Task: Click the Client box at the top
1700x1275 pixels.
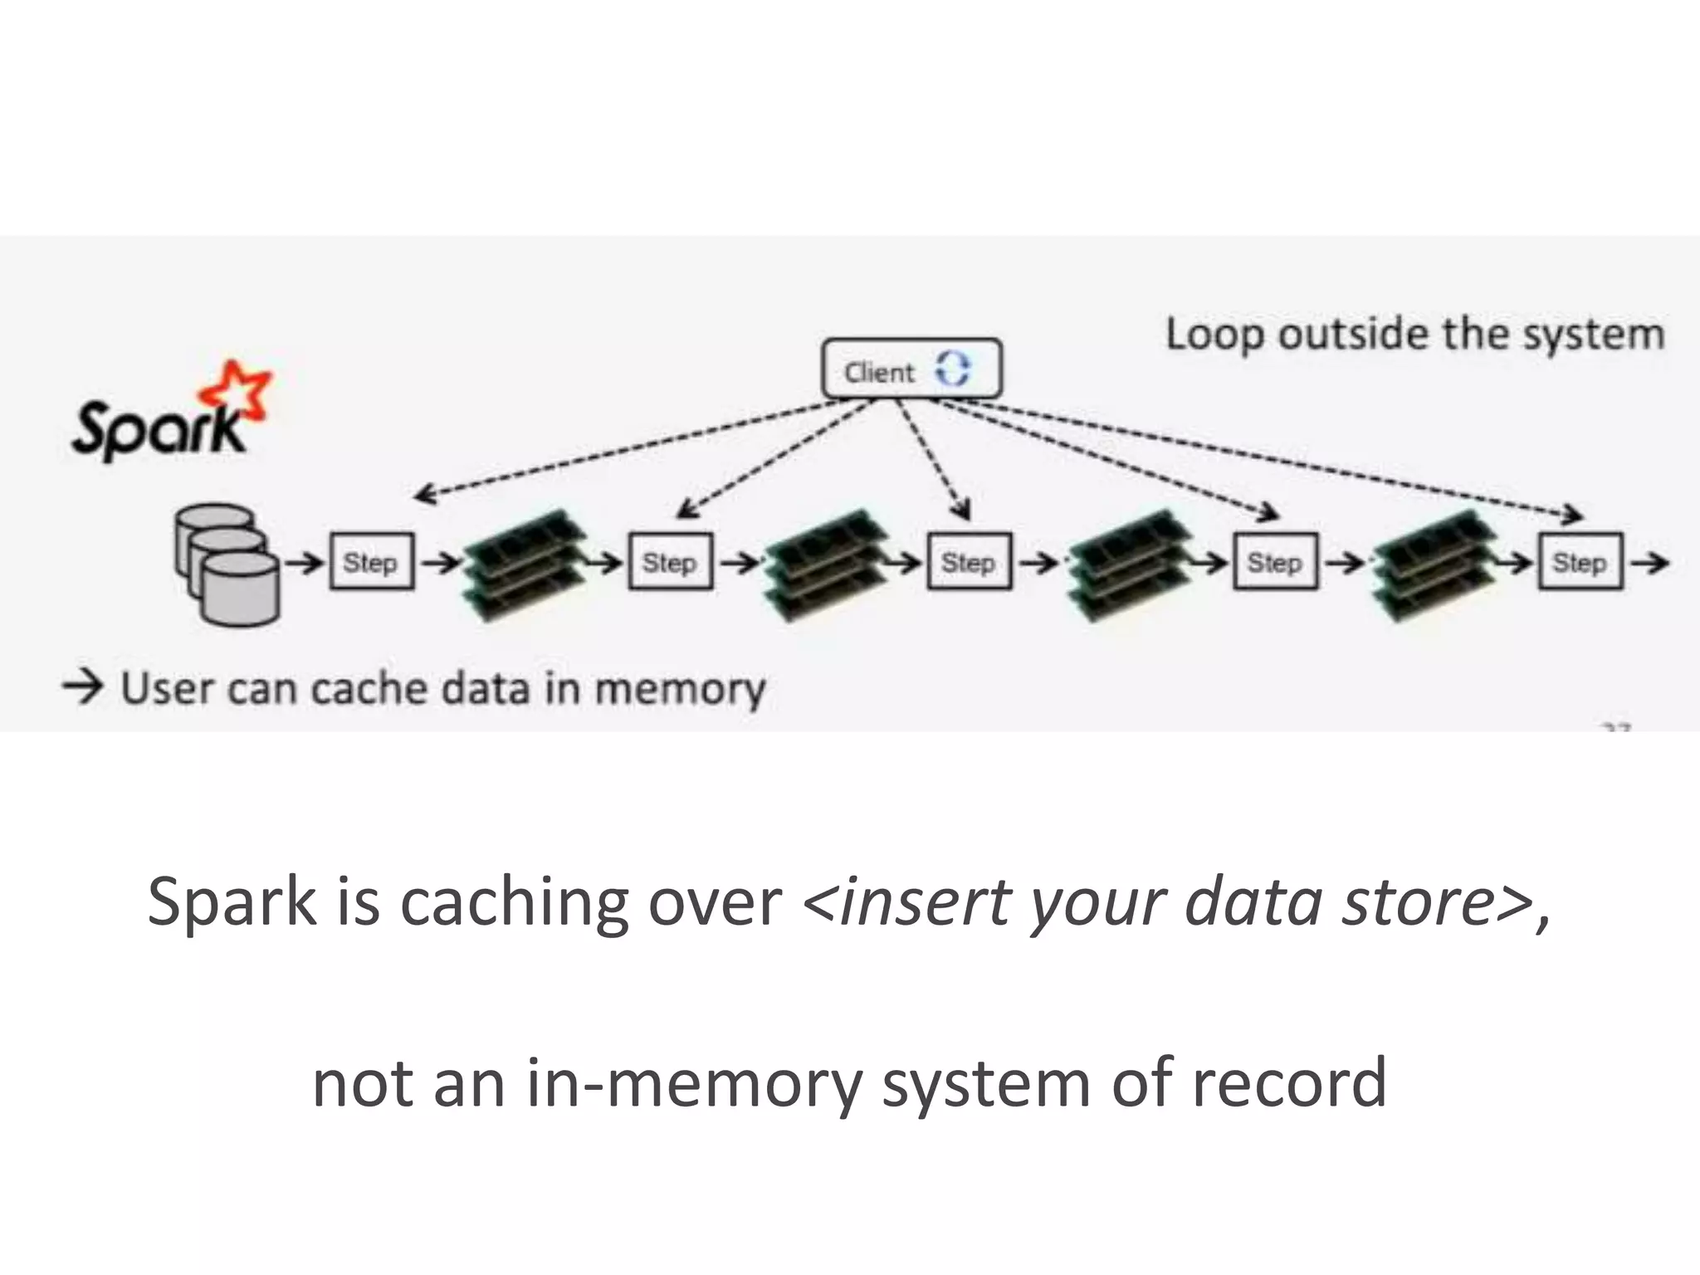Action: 910,369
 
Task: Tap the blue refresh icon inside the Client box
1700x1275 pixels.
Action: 952,368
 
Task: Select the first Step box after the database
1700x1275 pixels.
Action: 371,562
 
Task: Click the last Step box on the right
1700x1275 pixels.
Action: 1580,562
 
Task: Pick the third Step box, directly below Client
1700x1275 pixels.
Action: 969,562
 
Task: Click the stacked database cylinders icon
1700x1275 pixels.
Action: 226,564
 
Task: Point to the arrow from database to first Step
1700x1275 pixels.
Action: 305,563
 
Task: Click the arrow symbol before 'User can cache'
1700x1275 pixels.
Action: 83,687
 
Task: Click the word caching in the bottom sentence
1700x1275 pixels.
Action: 514,902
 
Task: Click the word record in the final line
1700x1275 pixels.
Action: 1288,1082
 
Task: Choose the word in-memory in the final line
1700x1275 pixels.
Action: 694,1082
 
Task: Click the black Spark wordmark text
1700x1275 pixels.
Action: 158,429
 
